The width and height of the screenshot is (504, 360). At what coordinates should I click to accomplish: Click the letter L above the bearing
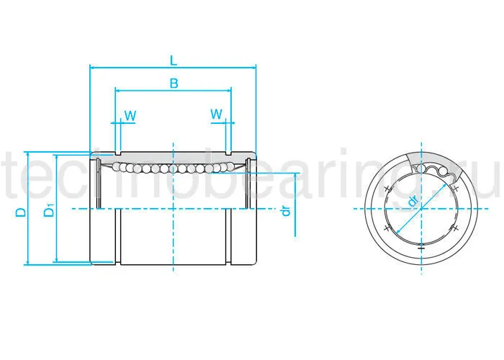tap(174, 59)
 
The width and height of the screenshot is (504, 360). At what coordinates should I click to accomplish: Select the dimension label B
tap(174, 83)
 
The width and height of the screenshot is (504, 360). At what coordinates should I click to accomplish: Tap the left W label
tap(130, 115)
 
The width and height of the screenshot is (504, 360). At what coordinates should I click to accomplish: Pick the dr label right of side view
tap(286, 211)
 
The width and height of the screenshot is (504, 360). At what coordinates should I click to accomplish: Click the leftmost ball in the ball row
tap(117, 167)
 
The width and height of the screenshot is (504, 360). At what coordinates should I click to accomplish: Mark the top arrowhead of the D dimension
tap(27, 155)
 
